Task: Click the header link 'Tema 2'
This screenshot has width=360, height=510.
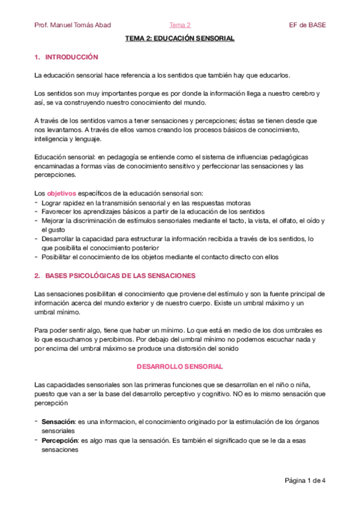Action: (x=180, y=25)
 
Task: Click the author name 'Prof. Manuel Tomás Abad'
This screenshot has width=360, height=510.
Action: (x=73, y=25)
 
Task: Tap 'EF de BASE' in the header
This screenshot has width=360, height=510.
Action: (x=308, y=25)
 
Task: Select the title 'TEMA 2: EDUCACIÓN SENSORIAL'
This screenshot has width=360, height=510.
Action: (x=180, y=38)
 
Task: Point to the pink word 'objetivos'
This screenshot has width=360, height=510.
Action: (x=62, y=194)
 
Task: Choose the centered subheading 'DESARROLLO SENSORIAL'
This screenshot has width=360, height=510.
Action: (x=180, y=366)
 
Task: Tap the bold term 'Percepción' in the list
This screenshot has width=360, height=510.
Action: (x=59, y=441)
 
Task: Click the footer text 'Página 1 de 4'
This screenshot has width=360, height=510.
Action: (x=305, y=481)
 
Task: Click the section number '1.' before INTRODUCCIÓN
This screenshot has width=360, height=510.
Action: (x=37, y=57)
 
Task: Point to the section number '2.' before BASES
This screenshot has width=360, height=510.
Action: (x=37, y=275)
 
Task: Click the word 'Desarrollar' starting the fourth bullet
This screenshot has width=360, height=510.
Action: (x=59, y=239)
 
